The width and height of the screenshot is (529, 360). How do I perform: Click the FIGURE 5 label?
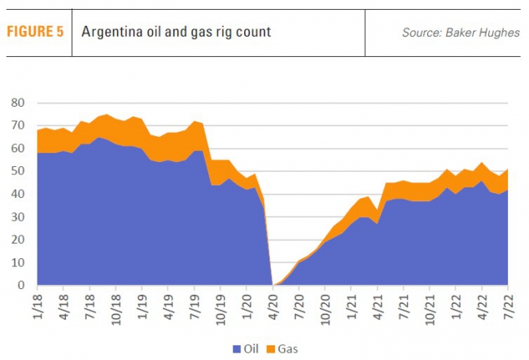(x=35, y=33)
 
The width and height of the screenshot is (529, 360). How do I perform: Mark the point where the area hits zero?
(x=273, y=285)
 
